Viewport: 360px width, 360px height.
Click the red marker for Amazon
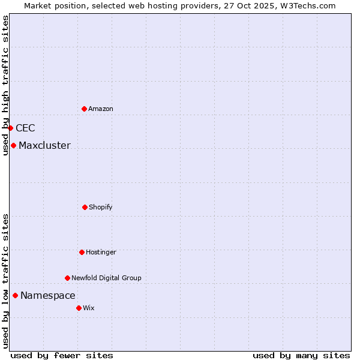[84, 109]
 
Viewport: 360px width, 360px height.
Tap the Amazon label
[101, 109]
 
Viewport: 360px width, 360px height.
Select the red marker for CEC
[10, 128]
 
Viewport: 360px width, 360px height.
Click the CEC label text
[25, 128]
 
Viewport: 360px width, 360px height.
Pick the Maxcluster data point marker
[13, 145]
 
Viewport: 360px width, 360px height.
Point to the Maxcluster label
[44, 145]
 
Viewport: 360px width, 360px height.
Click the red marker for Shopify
[85, 207]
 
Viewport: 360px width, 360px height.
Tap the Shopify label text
[101, 207]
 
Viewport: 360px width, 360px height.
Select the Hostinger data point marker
[82, 252]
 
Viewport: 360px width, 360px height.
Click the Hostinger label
[101, 252]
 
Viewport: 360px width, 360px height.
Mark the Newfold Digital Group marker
[67, 278]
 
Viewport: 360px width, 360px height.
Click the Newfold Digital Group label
[106, 278]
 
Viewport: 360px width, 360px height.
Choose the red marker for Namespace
[15, 295]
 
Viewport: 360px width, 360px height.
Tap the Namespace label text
[48, 295]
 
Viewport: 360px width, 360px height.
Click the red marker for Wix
[79, 308]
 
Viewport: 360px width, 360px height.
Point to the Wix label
[89, 308]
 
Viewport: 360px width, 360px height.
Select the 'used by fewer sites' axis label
[62, 355]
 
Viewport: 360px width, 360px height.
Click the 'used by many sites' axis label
[301, 355]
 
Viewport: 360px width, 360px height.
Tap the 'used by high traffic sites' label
[5, 85]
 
